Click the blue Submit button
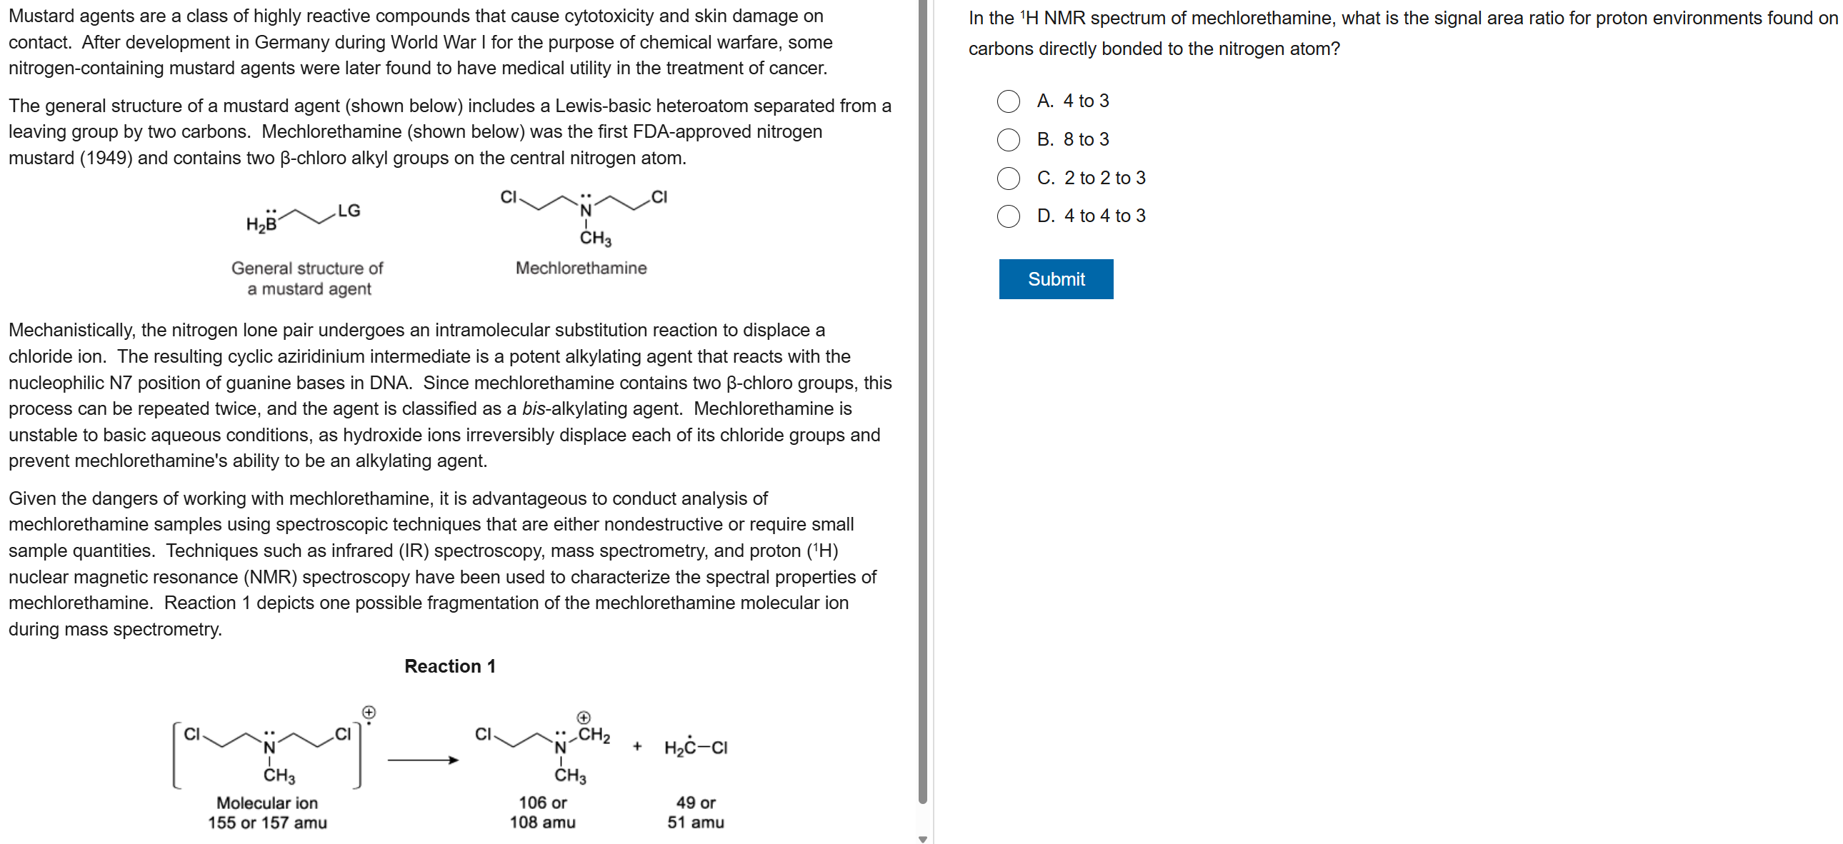(x=1055, y=279)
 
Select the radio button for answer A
(x=1008, y=101)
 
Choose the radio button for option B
(x=1008, y=139)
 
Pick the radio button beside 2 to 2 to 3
(x=1008, y=178)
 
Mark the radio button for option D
(x=1008, y=216)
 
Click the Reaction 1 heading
(x=449, y=666)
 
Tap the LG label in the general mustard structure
(x=349, y=210)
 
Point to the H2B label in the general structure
(x=261, y=225)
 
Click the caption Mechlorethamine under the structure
(x=581, y=268)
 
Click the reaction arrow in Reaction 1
(x=423, y=760)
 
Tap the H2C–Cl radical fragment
(x=696, y=748)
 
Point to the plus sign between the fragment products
(x=636, y=747)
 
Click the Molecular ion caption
(x=267, y=803)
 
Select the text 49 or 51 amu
(x=696, y=813)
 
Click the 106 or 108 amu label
(x=542, y=813)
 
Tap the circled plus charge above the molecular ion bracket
(x=369, y=713)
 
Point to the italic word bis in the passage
(x=533, y=408)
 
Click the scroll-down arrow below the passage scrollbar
(x=922, y=839)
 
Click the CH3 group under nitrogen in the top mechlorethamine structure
(x=595, y=238)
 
